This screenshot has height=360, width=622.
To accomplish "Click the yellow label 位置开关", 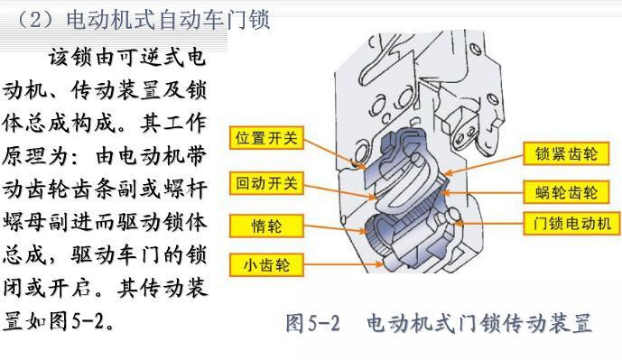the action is [266, 138].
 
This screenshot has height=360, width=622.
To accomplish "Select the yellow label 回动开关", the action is [266, 183].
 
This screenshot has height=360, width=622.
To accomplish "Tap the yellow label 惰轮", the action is [266, 226].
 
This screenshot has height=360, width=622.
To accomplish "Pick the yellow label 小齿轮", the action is [266, 265].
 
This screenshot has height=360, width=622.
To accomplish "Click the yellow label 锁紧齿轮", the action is [566, 153].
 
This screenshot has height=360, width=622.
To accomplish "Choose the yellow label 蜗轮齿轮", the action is [566, 192].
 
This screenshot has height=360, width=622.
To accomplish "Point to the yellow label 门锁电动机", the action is [571, 223].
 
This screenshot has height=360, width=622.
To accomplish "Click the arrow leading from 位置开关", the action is [335, 153].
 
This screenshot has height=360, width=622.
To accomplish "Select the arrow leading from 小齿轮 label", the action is [344, 264].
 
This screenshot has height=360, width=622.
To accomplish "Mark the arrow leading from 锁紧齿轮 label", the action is [484, 164].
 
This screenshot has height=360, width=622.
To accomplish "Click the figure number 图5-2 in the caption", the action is [312, 323].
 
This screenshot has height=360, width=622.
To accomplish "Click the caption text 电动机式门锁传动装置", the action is [479, 323].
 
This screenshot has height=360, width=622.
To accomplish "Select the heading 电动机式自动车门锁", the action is [168, 20].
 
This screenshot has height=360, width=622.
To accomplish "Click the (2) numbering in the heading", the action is [35, 20].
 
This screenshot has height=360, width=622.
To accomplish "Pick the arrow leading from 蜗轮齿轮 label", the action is [482, 193].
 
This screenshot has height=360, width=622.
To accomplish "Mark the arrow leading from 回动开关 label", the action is [340, 190].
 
